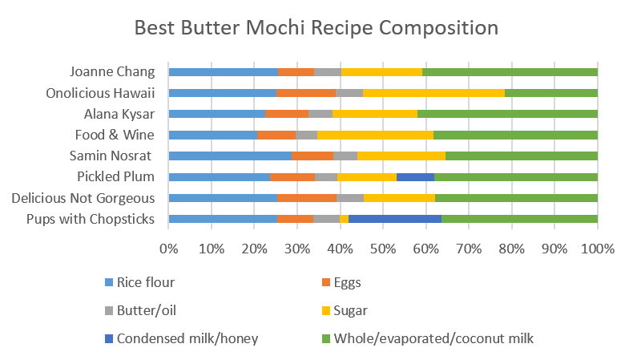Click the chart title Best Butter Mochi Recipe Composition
[x=316, y=28]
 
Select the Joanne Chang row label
[x=112, y=71]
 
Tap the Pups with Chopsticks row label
[x=91, y=219]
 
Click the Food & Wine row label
[x=115, y=135]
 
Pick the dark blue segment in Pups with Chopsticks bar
[x=395, y=218]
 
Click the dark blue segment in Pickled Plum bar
[x=415, y=176]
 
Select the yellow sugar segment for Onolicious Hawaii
[x=433, y=93]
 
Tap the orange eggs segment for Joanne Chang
[x=296, y=72]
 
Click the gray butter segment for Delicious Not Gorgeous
[x=349, y=197]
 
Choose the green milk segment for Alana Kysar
[x=507, y=114]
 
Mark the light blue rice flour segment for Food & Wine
[x=212, y=135]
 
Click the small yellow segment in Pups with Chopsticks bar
[x=344, y=218]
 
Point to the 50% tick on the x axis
[x=382, y=249]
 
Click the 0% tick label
[x=168, y=249]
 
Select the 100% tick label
[x=597, y=249]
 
